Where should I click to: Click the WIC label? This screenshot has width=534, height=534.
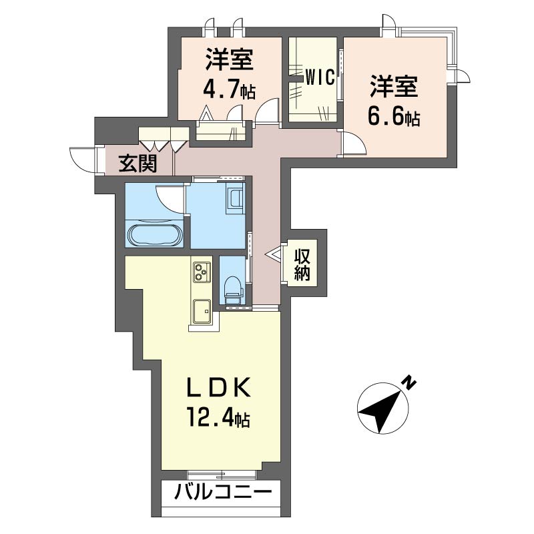320,77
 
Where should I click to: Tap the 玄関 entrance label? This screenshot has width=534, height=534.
138,164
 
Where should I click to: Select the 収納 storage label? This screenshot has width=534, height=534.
302,264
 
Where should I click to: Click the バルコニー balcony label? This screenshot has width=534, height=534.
224,492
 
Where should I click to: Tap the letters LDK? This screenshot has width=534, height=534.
219,388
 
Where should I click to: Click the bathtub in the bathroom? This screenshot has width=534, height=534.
156,234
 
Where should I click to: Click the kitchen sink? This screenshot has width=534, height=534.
202,311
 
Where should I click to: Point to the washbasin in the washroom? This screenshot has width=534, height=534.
236,202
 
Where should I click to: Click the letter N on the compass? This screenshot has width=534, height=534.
409,382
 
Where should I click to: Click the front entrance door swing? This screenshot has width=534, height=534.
82,160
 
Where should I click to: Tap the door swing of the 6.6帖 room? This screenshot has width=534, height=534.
355,144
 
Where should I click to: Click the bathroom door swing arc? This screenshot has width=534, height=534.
170,199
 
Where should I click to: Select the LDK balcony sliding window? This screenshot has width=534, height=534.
222,475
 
